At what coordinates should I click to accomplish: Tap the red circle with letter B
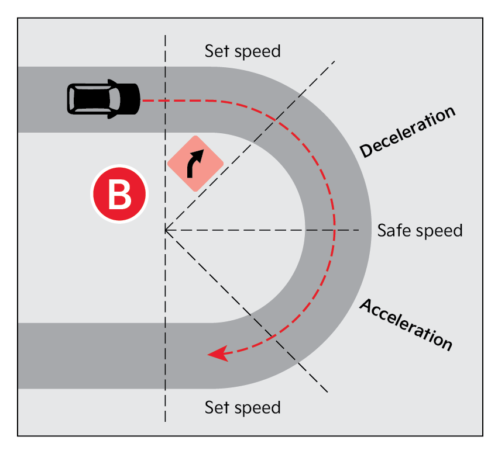tap(120, 195)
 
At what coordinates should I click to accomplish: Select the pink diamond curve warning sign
tap(195, 164)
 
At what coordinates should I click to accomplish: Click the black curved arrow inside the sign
tap(195, 163)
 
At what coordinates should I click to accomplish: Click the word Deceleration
tap(407, 133)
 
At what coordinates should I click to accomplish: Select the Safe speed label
tap(420, 230)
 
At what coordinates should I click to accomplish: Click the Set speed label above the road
tap(242, 51)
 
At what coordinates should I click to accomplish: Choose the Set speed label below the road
tap(242, 407)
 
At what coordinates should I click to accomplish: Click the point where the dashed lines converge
tap(166, 230)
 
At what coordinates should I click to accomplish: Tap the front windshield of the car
tap(116, 99)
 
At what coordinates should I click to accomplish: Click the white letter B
tap(120, 195)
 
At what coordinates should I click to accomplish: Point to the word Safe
tap(394, 230)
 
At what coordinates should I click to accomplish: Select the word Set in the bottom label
tap(216, 407)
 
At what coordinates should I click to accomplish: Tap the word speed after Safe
tap(439, 231)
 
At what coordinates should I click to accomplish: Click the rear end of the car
tap(70, 99)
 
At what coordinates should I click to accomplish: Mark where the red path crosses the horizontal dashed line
tap(334, 230)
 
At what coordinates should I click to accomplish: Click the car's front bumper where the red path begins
tap(138, 99)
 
